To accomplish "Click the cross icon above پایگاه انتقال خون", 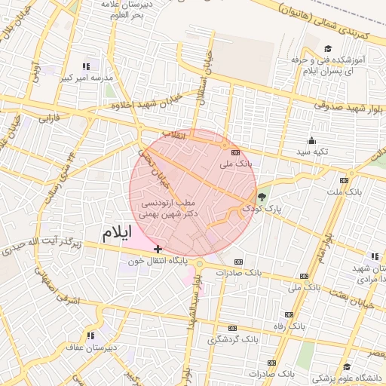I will [158, 249].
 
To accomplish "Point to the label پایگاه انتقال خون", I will [155, 261].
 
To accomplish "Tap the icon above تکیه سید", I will [311, 140].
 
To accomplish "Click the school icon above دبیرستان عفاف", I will [91, 335].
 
